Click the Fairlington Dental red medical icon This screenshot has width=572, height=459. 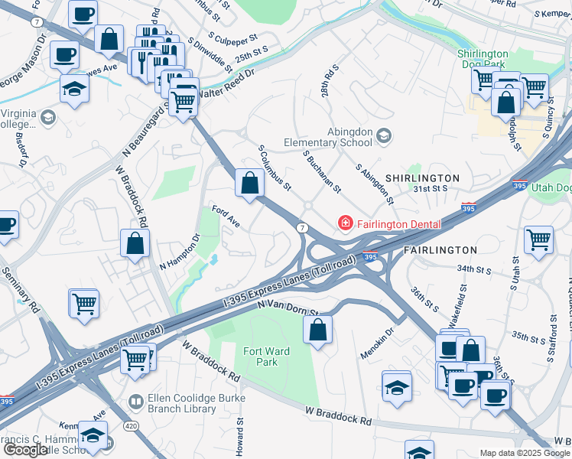pyautogui.click(x=346, y=223)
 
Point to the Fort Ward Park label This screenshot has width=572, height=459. pyautogui.click(x=260, y=356)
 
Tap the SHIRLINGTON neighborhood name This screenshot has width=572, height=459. pyautogui.click(x=422, y=178)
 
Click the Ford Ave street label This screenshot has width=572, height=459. pyautogui.click(x=226, y=216)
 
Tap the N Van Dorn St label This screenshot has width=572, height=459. pyautogui.click(x=287, y=308)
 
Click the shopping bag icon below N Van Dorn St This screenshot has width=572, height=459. pyautogui.click(x=317, y=330)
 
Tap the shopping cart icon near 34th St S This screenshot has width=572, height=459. pyautogui.click(x=538, y=239)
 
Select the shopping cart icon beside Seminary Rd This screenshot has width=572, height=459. pyautogui.click(x=83, y=302)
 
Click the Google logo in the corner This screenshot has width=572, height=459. pyautogui.click(x=25, y=450)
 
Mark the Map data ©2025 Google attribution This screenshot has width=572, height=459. pyautogui.click(x=524, y=453)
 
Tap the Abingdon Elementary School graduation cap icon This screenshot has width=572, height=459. pyautogui.click(x=383, y=136)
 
